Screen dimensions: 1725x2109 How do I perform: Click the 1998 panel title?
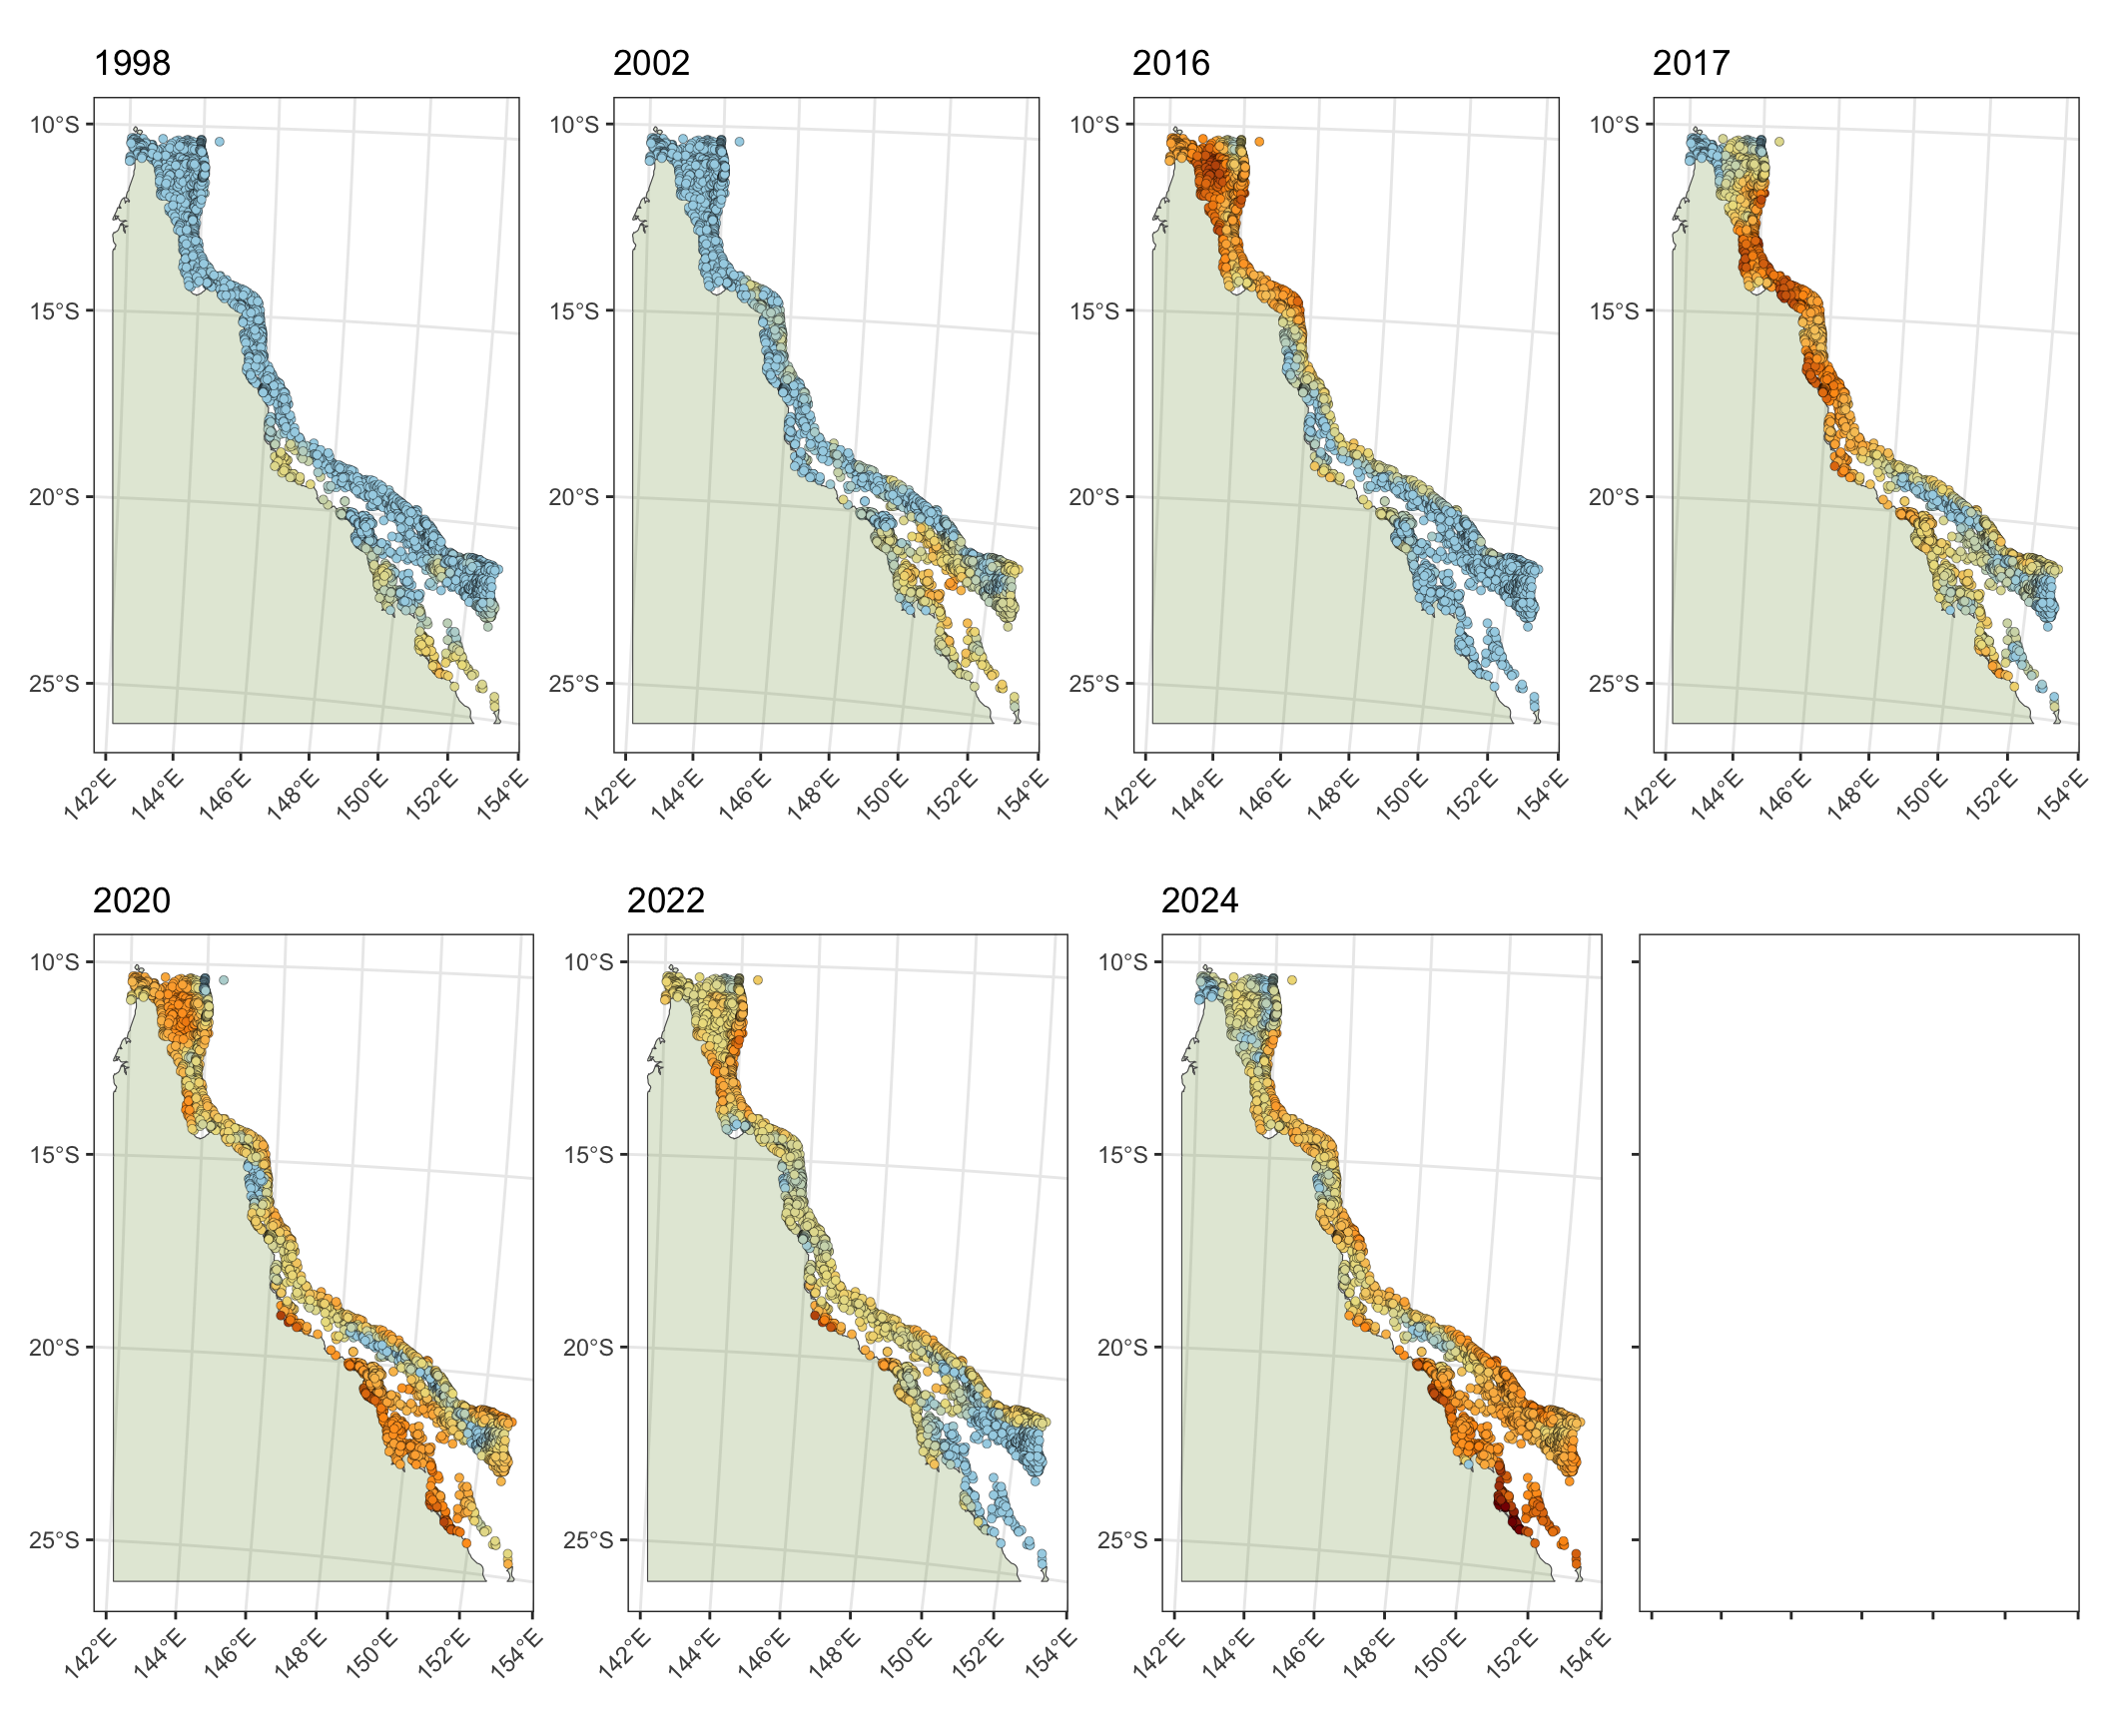[132, 63]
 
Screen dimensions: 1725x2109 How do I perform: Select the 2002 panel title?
[651, 63]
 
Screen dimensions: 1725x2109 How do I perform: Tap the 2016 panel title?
[1170, 63]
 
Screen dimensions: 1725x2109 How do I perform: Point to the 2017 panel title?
[1691, 63]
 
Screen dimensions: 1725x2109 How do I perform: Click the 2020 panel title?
[132, 900]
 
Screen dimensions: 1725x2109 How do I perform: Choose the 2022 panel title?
[666, 900]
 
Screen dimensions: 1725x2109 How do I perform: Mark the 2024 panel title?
[1199, 900]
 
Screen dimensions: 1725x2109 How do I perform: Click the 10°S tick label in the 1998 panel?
[54, 125]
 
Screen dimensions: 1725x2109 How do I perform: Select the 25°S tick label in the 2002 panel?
[573, 684]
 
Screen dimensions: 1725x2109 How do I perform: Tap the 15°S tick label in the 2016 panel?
[1093, 311]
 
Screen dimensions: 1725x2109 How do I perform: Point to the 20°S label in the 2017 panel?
[1614, 497]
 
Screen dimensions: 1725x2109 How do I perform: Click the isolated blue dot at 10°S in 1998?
[220, 142]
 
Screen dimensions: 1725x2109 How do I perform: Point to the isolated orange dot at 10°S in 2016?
[1259, 142]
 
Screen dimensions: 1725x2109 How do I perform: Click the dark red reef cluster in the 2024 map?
[1510, 1512]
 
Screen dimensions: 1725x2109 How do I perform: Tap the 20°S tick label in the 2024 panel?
[1122, 1348]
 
